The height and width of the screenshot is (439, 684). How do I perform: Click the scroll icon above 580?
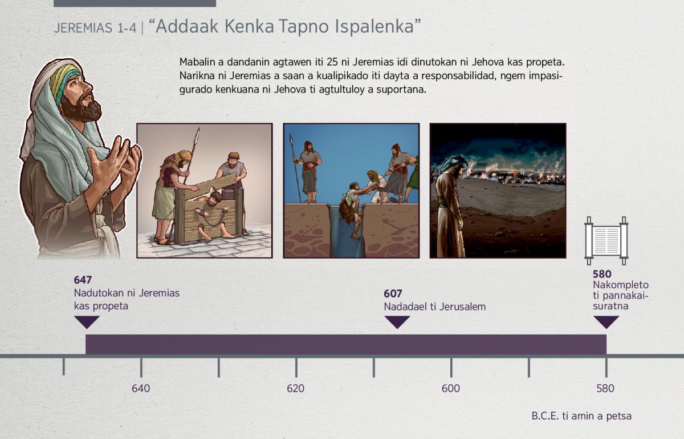click(606, 241)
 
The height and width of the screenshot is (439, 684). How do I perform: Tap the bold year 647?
click(83, 280)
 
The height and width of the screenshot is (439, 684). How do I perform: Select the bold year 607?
click(393, 293)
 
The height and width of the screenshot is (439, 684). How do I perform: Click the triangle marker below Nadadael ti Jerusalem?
click(397, 322)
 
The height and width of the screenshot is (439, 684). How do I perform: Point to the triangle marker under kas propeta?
click(87, 322)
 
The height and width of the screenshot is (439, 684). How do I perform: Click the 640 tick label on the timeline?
click(141, 389)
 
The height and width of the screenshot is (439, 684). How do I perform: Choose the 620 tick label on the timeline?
click(296, 389)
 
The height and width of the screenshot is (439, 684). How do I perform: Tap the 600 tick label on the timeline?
click(451, 389)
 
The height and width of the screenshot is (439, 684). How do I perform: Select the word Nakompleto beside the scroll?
click(621, 285)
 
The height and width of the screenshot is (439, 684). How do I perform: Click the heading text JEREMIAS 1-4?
click(95, 28)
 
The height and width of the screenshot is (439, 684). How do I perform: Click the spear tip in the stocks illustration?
click(198, 134)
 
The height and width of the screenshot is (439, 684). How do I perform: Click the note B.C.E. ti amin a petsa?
click(581, 416)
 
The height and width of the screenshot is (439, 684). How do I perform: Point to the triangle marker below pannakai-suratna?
click(606, 322)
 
